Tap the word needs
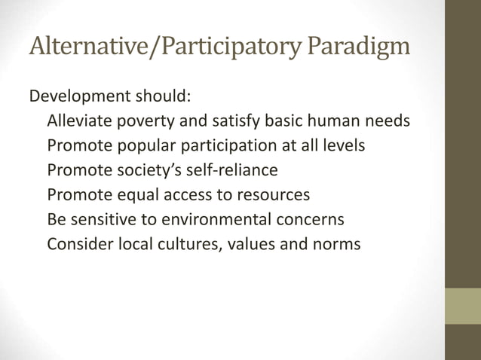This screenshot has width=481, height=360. point(385,121)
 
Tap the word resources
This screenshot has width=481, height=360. point(273,195)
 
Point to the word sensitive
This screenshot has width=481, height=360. point(103,220)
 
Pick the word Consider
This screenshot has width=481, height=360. point(75,244)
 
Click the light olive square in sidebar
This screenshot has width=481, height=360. point(462,306)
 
